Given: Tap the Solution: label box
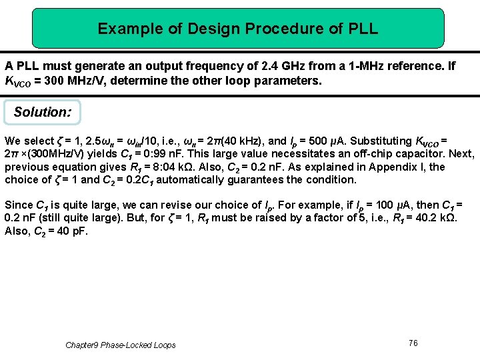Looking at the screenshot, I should point(42,112).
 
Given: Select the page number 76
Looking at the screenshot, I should point(413,343).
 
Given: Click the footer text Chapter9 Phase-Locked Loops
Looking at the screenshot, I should point(121,345).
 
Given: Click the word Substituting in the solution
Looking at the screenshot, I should point(381,141).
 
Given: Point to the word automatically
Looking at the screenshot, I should point(187,180).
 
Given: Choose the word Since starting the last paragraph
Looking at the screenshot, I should point(18,205).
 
